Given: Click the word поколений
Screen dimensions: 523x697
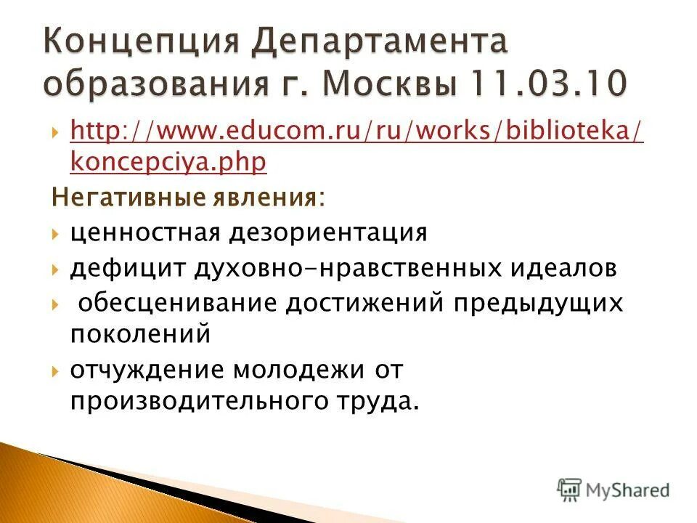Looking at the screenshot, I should coord(140,333).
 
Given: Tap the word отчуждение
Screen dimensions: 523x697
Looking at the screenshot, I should coord(146,369).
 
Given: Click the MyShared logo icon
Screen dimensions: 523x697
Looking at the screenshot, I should coord(569,489).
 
